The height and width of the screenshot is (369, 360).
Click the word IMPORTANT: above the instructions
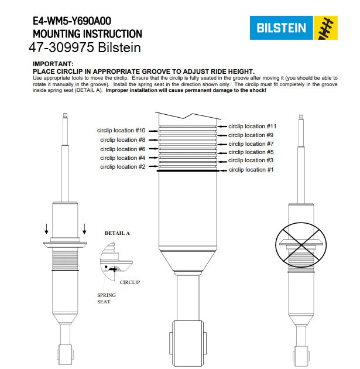[x=53, y=63]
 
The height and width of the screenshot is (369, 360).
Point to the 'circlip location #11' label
[x=252, y=126]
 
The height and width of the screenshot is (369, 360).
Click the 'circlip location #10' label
[x=122, y=130]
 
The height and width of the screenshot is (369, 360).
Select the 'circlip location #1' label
[x=251, y=169]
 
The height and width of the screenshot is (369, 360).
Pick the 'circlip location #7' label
[x=251, y=143]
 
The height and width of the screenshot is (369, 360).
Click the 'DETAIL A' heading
[x=117, y=233]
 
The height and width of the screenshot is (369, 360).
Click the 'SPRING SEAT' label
[x=107, y=298]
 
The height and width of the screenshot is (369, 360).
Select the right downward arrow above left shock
[x=84, y=228]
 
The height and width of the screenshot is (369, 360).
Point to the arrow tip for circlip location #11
[x=220, y=126]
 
